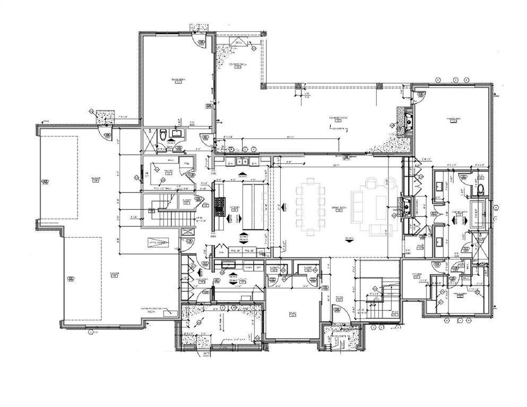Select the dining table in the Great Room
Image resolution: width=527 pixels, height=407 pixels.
tap(310, 207)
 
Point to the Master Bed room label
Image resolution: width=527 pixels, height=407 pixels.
tap(453, 119)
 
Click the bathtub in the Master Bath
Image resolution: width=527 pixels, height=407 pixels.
tap(479, 214)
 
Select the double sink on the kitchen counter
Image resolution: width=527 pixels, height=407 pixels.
tap(241, 161)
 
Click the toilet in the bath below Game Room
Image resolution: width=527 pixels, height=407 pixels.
tap(163, 133)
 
